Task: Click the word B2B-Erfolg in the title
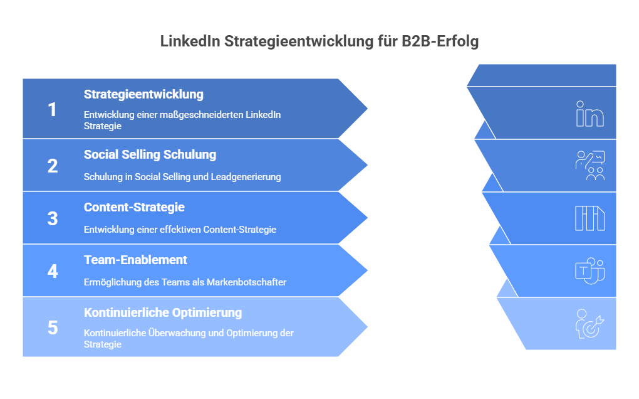pyautogui.click(x=440, y=41)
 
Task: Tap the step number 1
pyautogui.click(x=52, y=110)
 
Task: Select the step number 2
pyautogui.click(x=53, y=166)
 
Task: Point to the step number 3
pyautogui.click(x=53, y=219)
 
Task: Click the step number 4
pyautogui.click(x=53, y=271)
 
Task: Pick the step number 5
pyautogui.click(x=53, y=327)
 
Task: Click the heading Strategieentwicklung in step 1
pyautogui.click(x=143, y=95)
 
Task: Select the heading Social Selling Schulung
pyautogui.click(x=150, y=154)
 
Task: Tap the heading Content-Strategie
pyautogui.click(x=134, y=207)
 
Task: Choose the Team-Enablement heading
pyautogui.click(x=135, y=260)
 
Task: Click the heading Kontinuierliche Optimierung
pyautogui.click(x=163, y=312)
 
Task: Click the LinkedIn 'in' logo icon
pyautogui.click(x=590, y=114)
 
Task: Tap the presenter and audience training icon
pyautogui.click(x=590, y=166)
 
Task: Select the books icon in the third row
pyautogui.click(x=590, y=219)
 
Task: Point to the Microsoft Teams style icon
pyautogui.click(x=590, y=270)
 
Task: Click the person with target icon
pyautogui.click(x=590, y=324)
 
